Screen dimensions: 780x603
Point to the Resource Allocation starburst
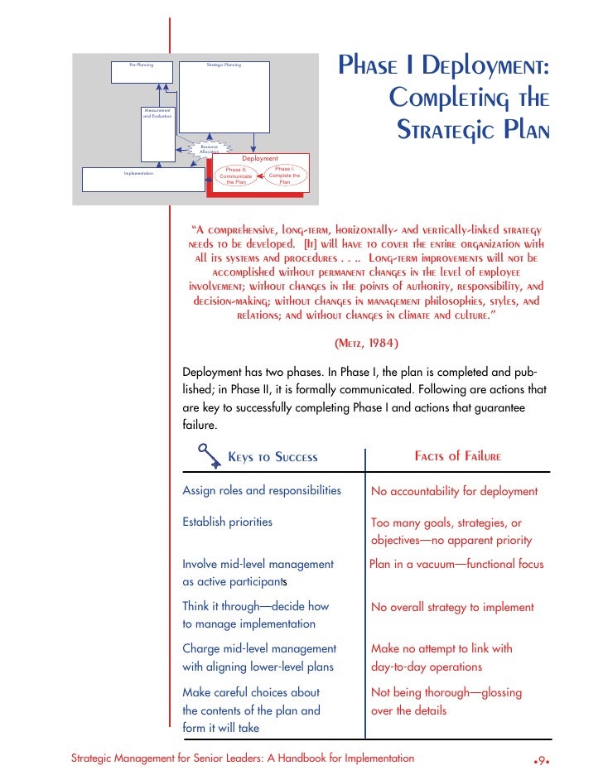coord(209,149)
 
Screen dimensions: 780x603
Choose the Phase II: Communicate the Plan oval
coord(236,176)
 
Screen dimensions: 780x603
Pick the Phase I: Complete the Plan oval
coord(284,176)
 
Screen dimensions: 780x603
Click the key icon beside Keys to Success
coord(205,455)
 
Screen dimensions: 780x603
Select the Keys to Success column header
coord(273,458)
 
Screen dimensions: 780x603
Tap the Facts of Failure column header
coord(457,457)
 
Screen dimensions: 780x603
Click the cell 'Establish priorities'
coord(227,522)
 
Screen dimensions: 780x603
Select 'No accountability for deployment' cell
coord(454,491)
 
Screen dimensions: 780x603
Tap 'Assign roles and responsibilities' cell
coord(262,491)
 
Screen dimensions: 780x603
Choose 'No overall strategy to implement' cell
coord(452,607)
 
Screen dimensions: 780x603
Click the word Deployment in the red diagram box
coord(260,158)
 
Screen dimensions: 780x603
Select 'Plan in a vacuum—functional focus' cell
coord(456,564)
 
